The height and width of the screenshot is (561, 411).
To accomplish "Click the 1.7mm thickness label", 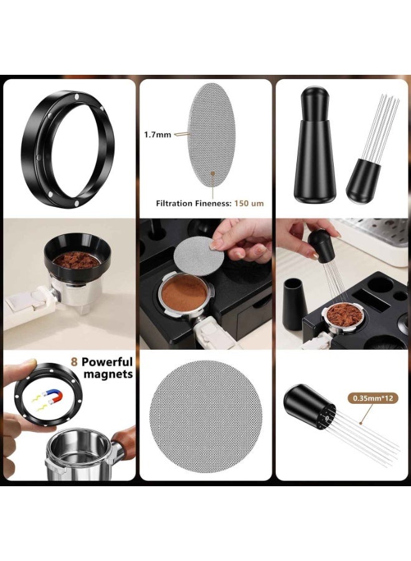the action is (158, 135).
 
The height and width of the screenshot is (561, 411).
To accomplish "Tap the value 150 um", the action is (248, 204).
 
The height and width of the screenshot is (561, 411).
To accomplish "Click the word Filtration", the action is (174, 204).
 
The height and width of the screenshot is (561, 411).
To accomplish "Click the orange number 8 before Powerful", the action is (74, 362).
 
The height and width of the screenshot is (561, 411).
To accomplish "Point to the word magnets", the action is (108, 374).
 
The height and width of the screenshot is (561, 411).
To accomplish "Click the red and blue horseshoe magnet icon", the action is (52, 396).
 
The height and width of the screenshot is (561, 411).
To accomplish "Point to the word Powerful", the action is (107, 362).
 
